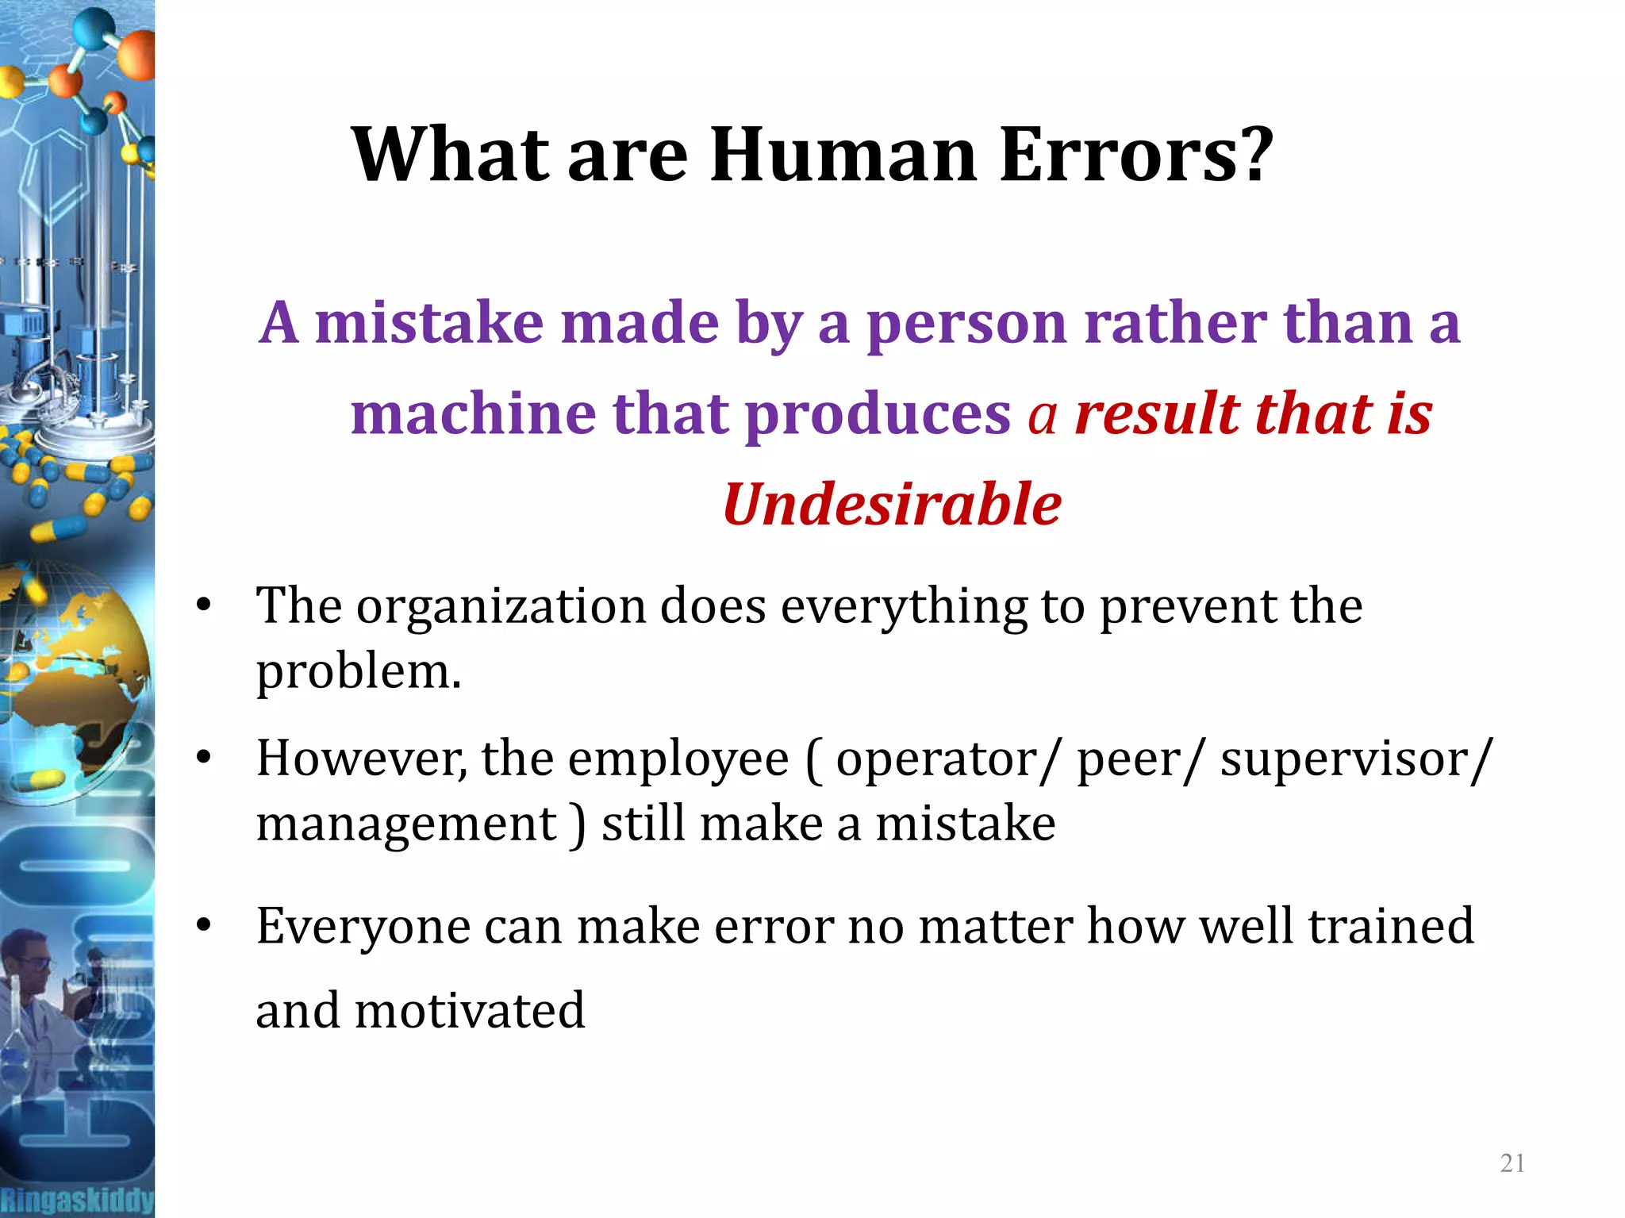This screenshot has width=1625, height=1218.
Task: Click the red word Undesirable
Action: click(892, 505)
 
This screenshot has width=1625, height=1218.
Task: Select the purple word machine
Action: click(473, 414)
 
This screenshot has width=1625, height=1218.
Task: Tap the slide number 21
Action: click(1512, 1163)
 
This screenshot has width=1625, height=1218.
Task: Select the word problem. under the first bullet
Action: click(358, 672)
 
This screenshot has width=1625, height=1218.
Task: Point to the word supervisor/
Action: click(1356, 759)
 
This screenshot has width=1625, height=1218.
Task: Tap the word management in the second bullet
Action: click(406, 824)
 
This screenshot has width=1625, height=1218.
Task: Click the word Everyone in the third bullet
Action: click(363, 926)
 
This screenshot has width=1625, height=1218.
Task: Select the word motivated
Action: click(469, 1011)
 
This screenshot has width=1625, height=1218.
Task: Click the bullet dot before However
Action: click(204, 758)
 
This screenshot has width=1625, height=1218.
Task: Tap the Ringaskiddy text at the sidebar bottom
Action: click(77, 1199)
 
